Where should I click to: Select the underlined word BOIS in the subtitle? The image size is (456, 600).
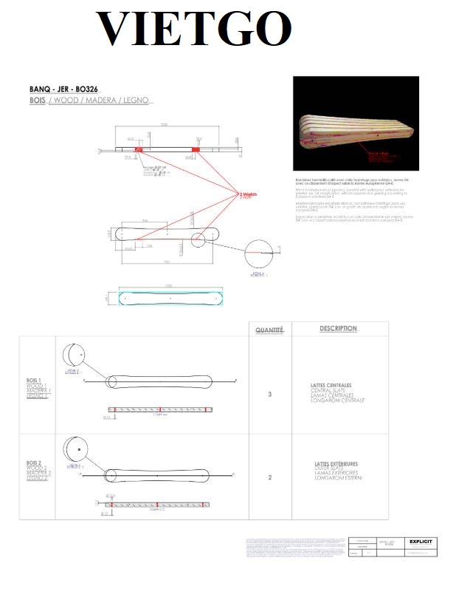coord(38,100)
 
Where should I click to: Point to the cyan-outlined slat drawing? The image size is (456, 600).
coord(170,297)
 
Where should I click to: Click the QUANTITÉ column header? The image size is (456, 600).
coord(269,330)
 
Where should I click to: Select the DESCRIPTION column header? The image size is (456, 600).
coord(338,328)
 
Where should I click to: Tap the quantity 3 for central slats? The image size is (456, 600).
coord(269,395)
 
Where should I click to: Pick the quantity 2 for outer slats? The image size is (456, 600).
coord(269,477)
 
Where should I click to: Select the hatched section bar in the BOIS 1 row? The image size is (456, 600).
coord(161,409)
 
